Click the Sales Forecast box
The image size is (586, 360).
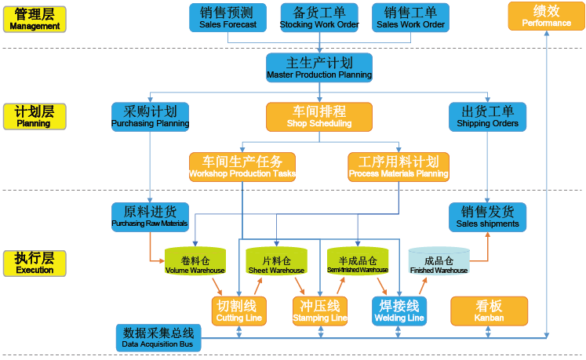coord(227,17)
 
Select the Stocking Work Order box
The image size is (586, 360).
coord(319,17)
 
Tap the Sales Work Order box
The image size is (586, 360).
coord(410,17)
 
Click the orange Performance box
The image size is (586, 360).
coord(547,16)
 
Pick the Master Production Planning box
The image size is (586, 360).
coord(319,67)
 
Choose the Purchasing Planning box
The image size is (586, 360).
coord(150,116)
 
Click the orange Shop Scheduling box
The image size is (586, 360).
coord(319,116)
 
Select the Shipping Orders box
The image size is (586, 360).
coord(487,116)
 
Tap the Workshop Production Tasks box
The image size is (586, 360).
coord(242,166)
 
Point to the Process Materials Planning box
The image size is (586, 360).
coord(399,166)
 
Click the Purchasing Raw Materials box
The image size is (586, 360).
coord(150,216)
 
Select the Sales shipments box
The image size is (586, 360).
coord(487,216)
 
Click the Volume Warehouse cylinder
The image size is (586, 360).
coord(195,263)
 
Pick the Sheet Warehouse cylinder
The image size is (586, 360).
coord(276,263)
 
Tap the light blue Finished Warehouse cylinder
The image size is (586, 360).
coord(439,263)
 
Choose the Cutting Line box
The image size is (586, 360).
coord(240,311)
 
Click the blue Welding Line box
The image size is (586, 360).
coord(399,311)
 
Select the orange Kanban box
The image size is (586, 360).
coord(489,311)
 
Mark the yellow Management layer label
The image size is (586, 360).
coord(35,19)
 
